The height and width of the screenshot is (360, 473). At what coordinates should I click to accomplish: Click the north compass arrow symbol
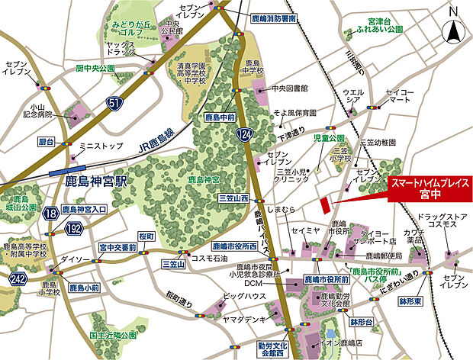click(453, 29)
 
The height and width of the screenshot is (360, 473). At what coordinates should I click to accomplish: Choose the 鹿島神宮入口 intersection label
click(84, 209)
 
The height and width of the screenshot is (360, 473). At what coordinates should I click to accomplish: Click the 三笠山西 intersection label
click(234, 198)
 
